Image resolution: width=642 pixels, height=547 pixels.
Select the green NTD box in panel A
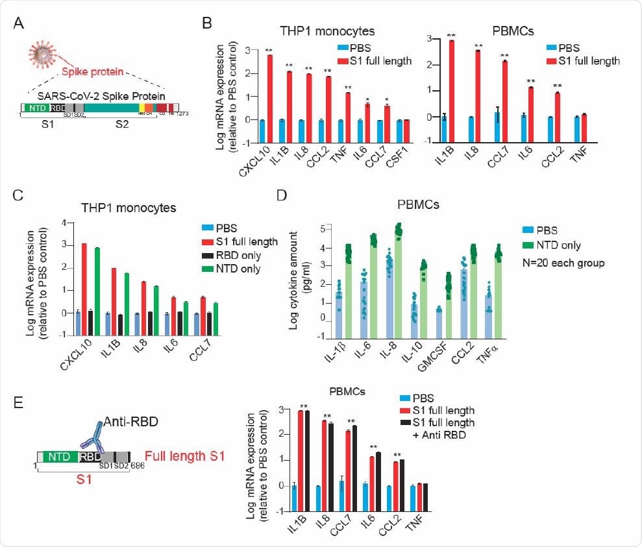[x=38, y=108]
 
